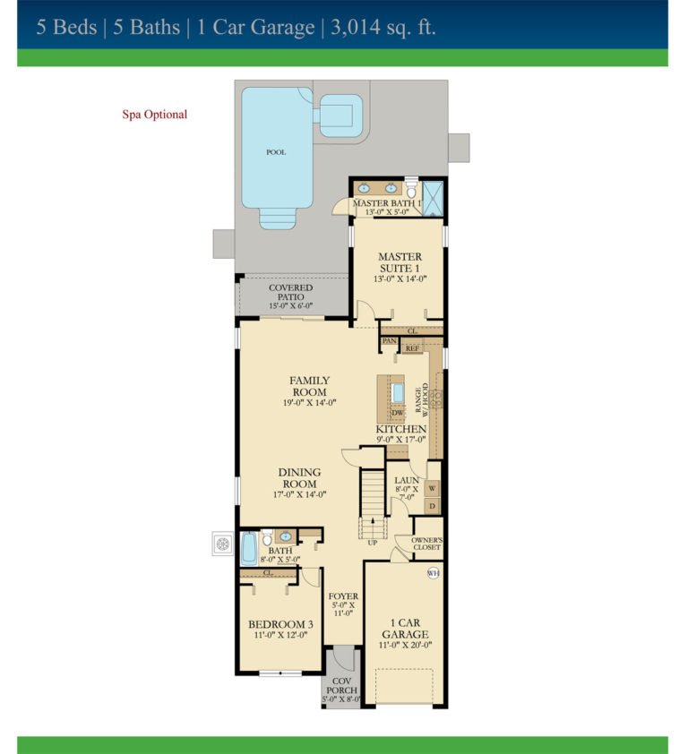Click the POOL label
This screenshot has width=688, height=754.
point(276,152)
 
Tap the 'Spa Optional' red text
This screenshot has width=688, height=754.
point(154,115)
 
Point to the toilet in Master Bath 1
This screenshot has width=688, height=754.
point(411,191)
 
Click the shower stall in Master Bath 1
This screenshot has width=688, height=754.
point(434,199)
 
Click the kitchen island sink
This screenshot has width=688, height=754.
point(399,392)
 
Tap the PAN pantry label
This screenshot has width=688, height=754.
point(390,341)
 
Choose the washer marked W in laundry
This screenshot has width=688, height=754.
point(432,489)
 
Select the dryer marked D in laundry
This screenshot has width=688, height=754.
point(432,507)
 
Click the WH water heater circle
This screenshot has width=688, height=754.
point(434,573)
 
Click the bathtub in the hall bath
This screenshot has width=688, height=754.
point(249,547)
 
